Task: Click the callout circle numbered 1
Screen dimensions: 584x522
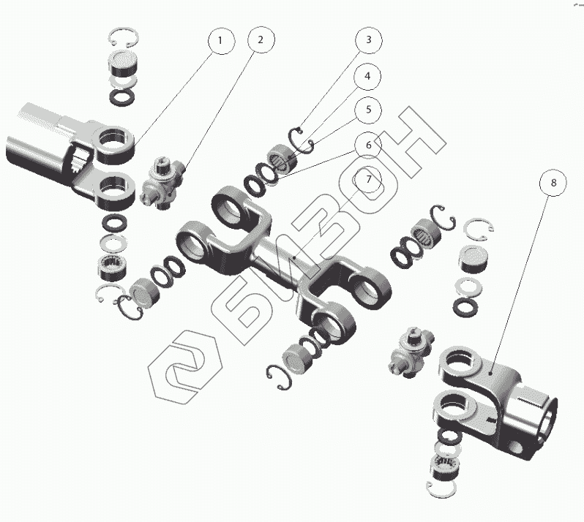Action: click(x=221, y=40)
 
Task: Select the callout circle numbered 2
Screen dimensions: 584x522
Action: click(x=261, y=39)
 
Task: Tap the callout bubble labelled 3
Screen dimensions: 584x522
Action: click(x=369, y=39)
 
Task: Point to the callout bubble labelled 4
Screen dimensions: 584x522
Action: click(x=367, y=76)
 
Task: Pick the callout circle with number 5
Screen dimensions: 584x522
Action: click(x=368, y=110)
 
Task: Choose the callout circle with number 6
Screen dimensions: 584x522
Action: click(x=368, y=144)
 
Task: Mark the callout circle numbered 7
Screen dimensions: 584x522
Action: click(x=368, y=179)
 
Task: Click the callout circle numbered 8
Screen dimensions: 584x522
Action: click(x=553, y=182)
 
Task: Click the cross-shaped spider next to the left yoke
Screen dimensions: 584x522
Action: click(x=162, y=184)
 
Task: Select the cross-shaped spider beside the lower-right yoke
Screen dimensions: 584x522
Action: click(x=411, y=352)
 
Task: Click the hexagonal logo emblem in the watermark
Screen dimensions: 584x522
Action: click(x=185, y=367)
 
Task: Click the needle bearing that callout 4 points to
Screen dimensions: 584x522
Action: click(x=282, y=159)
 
